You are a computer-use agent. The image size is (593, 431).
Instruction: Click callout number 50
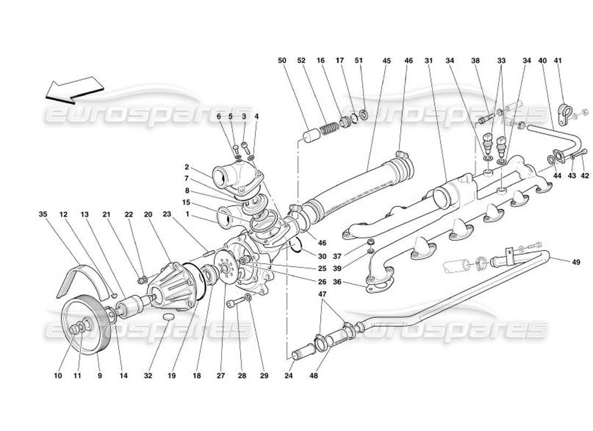pyautogui.click(x=281, y=61)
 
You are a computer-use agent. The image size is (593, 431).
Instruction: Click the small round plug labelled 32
pyautogui.click(x=169, y=315)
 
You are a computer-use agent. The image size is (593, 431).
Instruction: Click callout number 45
pyautogui.click(x=386, y=61)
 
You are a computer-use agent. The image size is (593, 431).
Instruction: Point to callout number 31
pyautogui.click(x=429, y=61)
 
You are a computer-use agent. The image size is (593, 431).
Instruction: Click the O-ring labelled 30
pyautogui.click(x=294, y=247)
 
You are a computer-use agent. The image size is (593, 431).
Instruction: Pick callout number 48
pyautogui.click(x=314, y=376)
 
